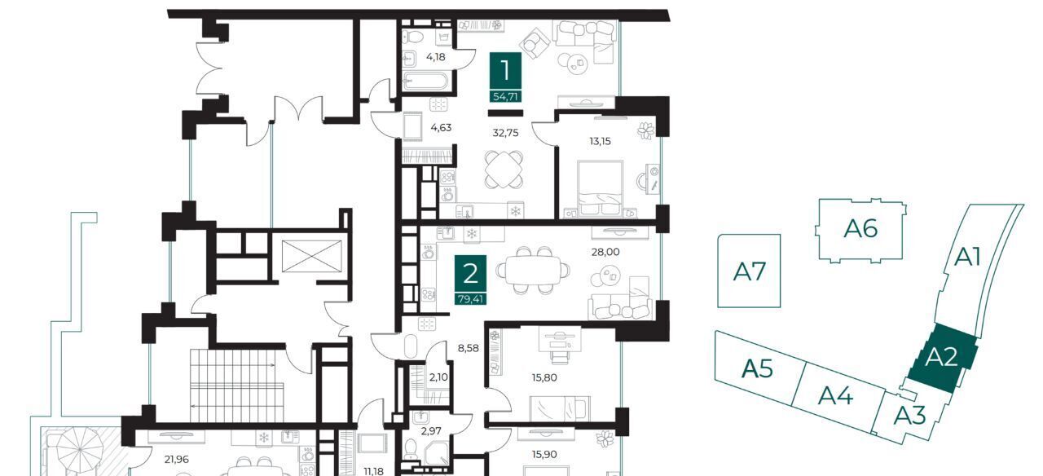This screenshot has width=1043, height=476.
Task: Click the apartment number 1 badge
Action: (505, 77)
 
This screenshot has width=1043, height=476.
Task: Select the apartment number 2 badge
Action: (470, 280)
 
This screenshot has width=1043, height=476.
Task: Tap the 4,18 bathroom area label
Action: (436, 57)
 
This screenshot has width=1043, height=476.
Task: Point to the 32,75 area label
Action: (505, 133)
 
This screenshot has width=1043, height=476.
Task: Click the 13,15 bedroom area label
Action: (601, 141)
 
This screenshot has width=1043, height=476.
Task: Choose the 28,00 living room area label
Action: (605, 252)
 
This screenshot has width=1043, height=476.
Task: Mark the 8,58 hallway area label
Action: (468, 348)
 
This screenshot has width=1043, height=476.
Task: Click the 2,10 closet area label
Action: (438, 377)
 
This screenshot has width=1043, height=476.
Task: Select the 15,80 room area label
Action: (544, 377)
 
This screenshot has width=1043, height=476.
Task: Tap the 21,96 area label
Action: (177, 459)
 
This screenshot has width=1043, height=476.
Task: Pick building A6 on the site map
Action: (860, 229)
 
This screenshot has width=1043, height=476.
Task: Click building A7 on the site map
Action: (749, 271)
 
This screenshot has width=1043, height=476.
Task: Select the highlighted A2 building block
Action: (942, 358)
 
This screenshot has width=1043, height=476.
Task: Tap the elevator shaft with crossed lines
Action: (311, 256)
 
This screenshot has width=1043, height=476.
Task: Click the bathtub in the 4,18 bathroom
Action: (425, 82)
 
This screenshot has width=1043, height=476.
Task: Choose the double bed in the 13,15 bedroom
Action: (601, 188)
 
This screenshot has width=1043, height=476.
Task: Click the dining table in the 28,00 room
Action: (533, 270)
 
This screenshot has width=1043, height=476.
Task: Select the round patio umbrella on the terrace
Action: (80, 449)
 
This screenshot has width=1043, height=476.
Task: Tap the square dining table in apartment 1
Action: (504, 169)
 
